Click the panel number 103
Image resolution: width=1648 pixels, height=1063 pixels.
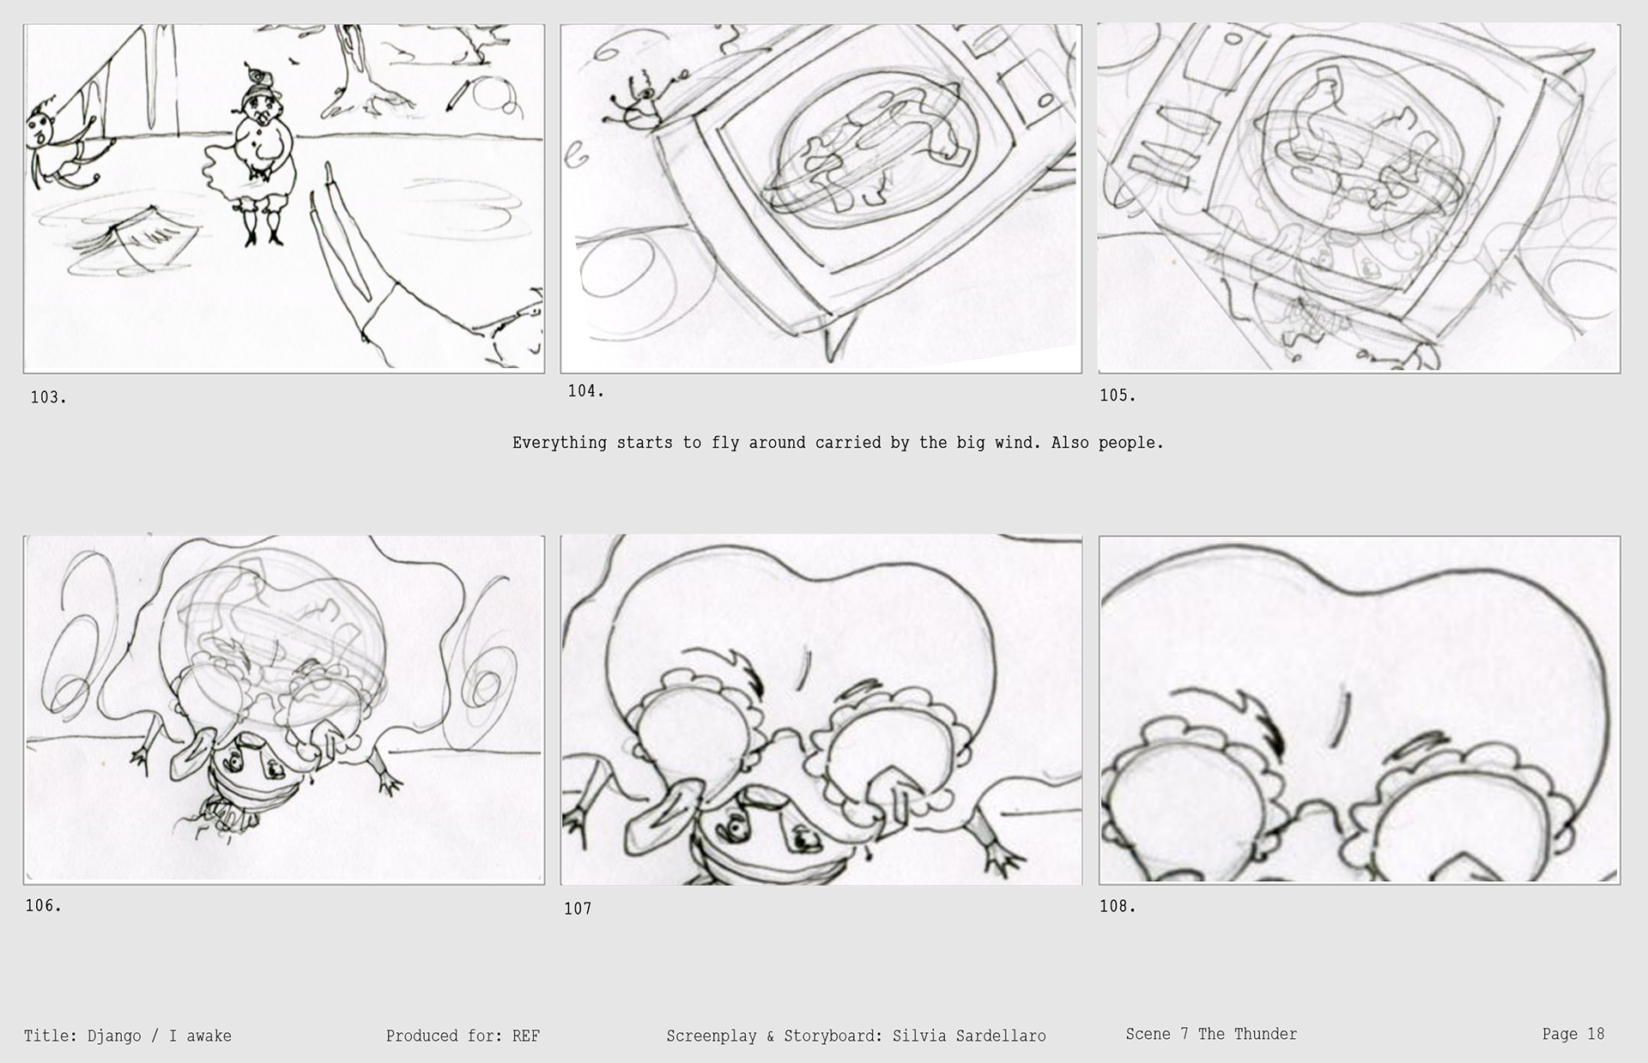point(48,398)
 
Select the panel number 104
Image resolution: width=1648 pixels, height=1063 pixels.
point(586,391)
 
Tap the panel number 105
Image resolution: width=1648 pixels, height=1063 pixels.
point(1118,396)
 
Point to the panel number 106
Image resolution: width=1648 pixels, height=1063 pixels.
point(43,906)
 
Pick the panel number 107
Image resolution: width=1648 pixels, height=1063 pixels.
point(578,909)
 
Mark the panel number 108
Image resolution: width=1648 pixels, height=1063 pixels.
point(1118,906)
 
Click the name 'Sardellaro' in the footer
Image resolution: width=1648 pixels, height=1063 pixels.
point(1001,1036)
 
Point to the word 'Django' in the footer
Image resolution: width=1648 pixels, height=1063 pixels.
point(114,1036)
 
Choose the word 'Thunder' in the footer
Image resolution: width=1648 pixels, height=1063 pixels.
point(1265,1034)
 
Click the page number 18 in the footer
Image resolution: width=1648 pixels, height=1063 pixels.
point(1596,1034)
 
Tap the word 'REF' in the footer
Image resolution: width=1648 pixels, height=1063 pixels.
point(526,1036)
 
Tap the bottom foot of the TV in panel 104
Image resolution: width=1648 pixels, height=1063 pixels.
point(833,343)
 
